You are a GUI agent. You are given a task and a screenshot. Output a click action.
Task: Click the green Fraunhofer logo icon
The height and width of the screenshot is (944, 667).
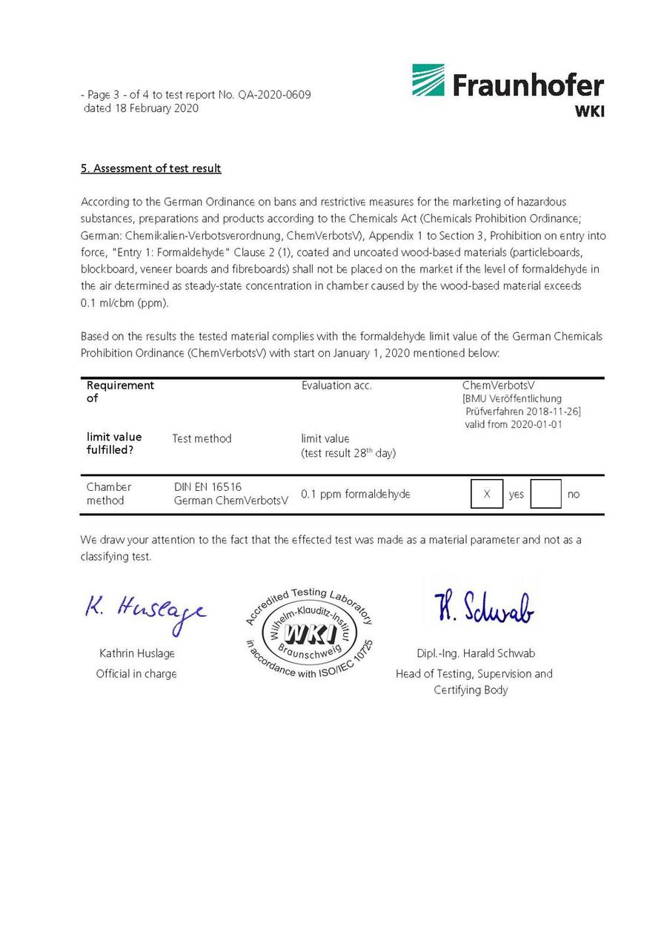[428, 80]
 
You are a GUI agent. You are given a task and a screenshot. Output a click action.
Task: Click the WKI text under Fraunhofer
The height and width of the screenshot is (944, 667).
[589, 111]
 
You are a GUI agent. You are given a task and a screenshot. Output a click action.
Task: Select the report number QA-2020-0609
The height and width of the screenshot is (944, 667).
[274, 95]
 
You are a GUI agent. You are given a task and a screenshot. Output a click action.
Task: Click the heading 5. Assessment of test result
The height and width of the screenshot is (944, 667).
[151, 168]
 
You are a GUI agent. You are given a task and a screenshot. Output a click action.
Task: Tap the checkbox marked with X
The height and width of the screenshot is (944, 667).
[487, 494]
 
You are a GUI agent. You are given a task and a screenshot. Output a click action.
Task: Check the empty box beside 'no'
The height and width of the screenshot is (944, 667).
[545, 494]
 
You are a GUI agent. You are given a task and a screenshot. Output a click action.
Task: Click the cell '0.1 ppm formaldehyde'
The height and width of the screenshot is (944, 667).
[356, 494]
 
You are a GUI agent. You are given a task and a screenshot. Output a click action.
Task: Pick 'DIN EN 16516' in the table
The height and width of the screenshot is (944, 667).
[208, 487]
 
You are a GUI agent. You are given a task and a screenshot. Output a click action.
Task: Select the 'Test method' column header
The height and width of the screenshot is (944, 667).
[202, 438]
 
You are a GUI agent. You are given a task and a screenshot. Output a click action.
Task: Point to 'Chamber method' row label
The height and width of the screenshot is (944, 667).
[109, 494]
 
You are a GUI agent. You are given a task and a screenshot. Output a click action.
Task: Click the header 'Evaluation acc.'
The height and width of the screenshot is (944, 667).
[336, 386]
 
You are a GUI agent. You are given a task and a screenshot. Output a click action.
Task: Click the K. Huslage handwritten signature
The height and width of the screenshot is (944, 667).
[145, 612]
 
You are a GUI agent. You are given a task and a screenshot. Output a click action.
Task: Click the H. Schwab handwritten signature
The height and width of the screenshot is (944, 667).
[483, 608]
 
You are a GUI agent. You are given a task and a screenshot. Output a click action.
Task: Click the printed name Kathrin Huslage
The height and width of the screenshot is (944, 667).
[137, 653]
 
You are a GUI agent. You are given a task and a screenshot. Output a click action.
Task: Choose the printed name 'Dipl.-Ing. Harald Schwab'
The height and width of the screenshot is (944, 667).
[475, 653]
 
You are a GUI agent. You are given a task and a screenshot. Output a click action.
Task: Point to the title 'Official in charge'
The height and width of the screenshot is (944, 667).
[136, 673]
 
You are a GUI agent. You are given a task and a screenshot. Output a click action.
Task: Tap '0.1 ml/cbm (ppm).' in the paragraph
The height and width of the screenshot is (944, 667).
[125, 303]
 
